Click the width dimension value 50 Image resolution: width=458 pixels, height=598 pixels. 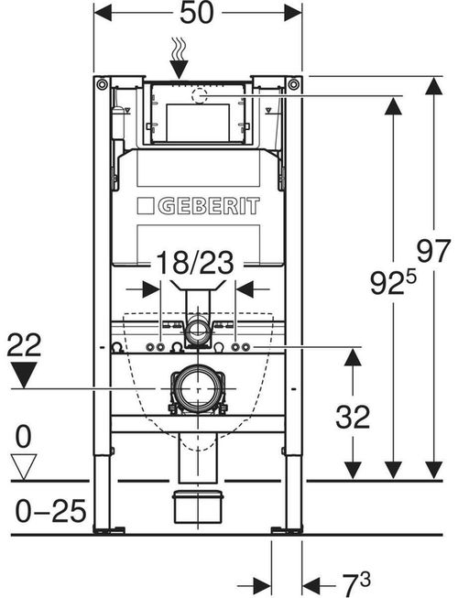point(197,13)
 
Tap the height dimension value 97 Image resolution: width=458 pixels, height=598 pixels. point(433,251)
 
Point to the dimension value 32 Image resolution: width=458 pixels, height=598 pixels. point(353,417)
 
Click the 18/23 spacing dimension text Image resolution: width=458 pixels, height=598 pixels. point(195,263)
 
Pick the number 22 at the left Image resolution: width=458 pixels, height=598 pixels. point(24,344)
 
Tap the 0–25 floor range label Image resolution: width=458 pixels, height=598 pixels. point(50,511)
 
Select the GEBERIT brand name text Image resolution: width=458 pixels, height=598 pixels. point(209,206)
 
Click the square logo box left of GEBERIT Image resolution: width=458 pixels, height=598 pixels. point(146,206)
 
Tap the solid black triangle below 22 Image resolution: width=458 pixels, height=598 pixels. point(24,375)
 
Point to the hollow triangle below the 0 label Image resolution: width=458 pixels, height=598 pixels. point(24,467)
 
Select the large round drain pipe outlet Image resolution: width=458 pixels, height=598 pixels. point(198,389)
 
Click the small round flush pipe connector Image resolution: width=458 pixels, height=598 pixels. point(198,330)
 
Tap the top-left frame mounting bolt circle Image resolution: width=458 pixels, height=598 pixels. point(103,84)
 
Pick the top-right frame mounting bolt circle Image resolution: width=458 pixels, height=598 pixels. point(294,84)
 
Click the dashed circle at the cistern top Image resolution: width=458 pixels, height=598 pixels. point(198,96)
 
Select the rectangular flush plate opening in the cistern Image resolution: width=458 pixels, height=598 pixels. point(198,122)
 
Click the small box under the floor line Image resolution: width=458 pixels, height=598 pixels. point(198,506)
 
